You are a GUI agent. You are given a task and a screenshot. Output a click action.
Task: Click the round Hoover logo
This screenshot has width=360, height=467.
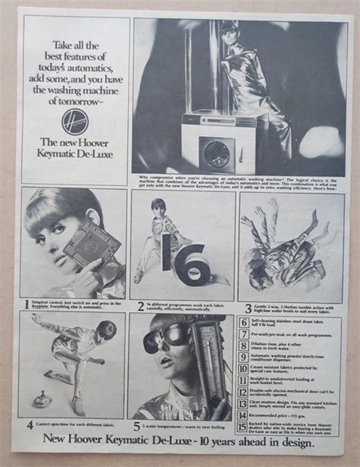[x=74, y=121]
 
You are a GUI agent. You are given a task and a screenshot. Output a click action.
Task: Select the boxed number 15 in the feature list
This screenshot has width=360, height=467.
[x=244, y=427]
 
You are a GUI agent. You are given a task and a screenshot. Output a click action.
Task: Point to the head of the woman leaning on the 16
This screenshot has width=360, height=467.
[x=157, y=208]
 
